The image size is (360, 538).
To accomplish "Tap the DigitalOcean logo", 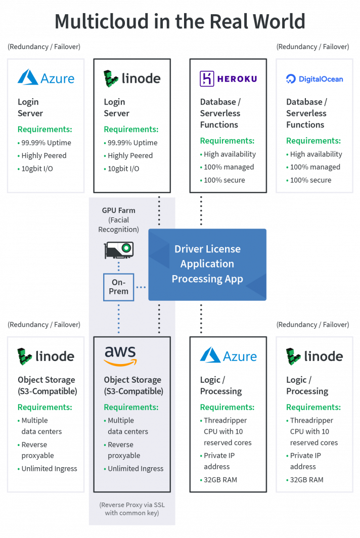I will pyautogui.click(x=314, y=79).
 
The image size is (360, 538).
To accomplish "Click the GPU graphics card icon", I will pyautogui.click(x=119, y=249).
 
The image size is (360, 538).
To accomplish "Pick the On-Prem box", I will pyautogui.click(x=119, y=287).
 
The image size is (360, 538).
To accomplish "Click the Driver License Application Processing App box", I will pyautogui.click(x=207, y=264).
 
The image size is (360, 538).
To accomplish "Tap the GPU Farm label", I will pyautogui.click(x=119, y=210).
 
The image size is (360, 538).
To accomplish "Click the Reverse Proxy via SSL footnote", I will pyautogui.click(x=132, y=509).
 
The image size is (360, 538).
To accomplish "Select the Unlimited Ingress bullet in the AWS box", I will pyautogui.click(x=136, y=469).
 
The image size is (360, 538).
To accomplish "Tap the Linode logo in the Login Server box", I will pyautogui.click(x=132, y=78).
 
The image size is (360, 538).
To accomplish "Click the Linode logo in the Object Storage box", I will pyautogui.click(x=46, y=356).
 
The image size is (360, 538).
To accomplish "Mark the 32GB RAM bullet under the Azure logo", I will pyautogui.click(x=220, y=479).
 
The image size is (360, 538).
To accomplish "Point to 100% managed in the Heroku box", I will pyautogui.click(x=229, y=167).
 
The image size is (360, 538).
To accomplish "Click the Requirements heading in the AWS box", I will pyautogui.click(x=131, y=407).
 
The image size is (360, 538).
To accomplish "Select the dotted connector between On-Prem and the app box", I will pyautogui.click(x=141, y=287).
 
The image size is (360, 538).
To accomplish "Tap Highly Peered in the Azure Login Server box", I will pyautogui.click(x=43, y=156).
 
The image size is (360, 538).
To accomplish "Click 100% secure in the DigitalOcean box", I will pyautogui.click(x=310, y=180).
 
